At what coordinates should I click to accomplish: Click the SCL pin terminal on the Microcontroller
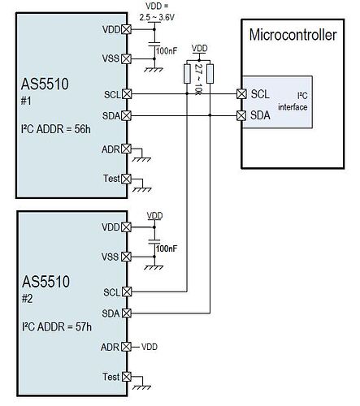coord(241,94)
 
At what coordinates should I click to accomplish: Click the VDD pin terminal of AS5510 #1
coord(126,30)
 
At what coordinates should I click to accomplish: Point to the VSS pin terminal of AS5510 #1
coord(126,58)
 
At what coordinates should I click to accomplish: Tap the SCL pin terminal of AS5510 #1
coord(126,94)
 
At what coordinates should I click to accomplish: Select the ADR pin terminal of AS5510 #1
coord(126,149)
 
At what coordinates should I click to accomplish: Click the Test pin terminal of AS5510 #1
coord(126,179)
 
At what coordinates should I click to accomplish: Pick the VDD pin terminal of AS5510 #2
coord(126,228)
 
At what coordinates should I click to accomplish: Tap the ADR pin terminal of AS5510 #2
coord(126,347)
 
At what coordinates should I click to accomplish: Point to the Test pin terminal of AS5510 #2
coord(126,376)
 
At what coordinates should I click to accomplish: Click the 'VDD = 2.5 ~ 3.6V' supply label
coord(152,11)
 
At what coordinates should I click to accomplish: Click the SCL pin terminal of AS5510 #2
coord(126,292)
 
